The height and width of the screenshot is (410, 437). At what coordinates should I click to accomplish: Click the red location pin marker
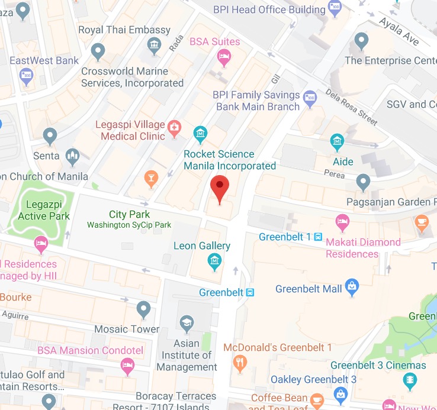click(220, 188)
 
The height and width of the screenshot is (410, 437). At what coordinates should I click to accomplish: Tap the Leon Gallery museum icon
click(214, 260)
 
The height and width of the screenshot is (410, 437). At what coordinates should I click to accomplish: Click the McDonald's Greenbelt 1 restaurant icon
click(240, 363)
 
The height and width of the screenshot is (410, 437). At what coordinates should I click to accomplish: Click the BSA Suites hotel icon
click(224, 57)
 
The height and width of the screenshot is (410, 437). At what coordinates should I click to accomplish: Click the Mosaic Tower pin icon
click(143, 308)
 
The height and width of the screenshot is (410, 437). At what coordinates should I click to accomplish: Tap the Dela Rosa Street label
click(352, 107)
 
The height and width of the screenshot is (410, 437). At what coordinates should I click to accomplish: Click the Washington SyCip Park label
click(129, 225)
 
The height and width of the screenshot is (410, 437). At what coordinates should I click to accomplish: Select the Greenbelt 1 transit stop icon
click(318, 237)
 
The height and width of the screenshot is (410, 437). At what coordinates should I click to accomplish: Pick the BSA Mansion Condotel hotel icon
click(127, 366)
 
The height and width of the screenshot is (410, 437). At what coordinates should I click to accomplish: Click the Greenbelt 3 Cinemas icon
click(409, 382)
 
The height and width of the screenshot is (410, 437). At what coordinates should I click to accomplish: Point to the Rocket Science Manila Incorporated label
click(230, 160)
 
